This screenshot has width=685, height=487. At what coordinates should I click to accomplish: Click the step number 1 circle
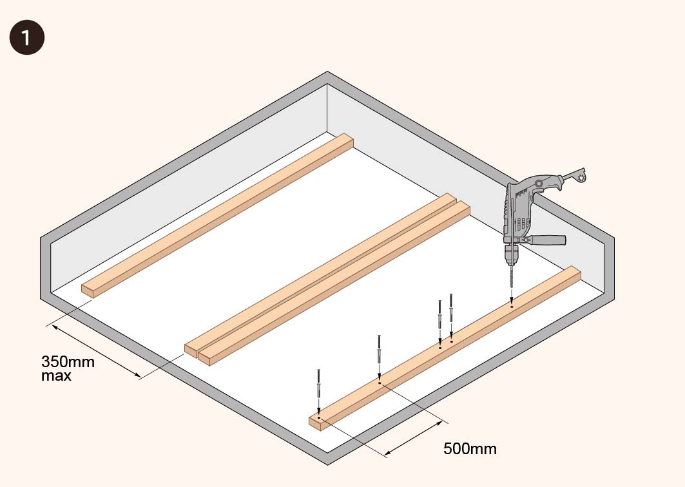point(26,37)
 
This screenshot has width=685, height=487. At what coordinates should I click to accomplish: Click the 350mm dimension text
point(68,361)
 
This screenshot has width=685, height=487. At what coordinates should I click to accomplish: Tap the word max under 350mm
point(56,376)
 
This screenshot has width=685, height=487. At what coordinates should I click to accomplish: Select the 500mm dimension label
point(470,448)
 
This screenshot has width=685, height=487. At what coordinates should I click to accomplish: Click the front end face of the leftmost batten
point(88,291)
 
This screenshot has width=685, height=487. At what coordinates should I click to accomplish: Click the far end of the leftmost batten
point(347,140)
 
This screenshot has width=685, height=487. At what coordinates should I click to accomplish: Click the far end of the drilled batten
point(573,273)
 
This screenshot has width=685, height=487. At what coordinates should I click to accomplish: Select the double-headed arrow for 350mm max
point(95,351)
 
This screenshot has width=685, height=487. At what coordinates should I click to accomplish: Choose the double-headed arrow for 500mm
point(414,439)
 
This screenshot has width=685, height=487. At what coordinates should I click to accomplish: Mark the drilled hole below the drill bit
point(512,307)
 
